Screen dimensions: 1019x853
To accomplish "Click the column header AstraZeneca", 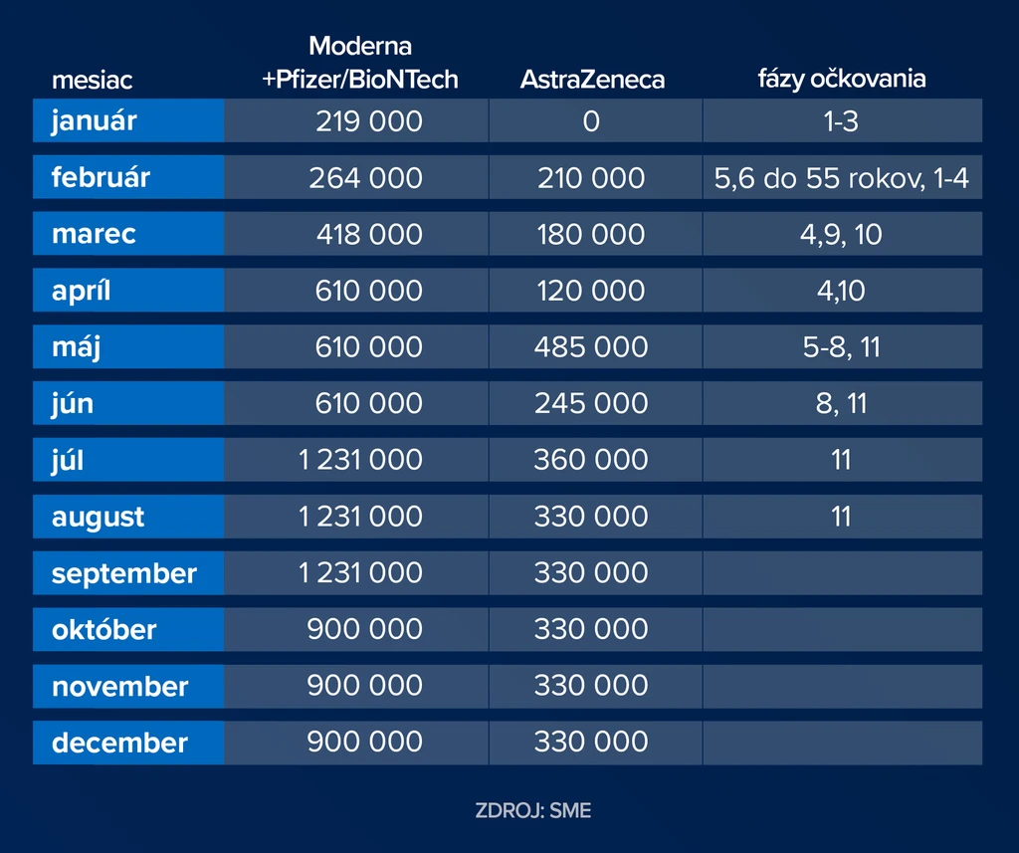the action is pos(592,80).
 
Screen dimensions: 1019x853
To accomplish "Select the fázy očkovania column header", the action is pos(842,79).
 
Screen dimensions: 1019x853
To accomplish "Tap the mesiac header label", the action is pos(93,80).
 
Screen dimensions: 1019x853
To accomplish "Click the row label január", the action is pos(95,120).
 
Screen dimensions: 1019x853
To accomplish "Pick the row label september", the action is pos(124,573).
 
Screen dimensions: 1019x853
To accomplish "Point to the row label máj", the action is pos(76,347).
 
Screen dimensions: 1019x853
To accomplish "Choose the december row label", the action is pos(119,743).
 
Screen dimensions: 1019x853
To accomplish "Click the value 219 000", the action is pos(369,121).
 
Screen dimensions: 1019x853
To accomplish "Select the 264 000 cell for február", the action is pos(366,178).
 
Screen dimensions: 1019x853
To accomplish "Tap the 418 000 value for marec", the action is pos(370,234).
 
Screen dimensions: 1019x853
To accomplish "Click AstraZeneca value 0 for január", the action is pos(591,121).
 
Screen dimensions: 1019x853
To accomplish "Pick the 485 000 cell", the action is pos(591,347).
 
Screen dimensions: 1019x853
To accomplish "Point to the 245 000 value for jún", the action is pos(591,403).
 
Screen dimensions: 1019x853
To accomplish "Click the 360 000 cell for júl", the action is pos(591,460).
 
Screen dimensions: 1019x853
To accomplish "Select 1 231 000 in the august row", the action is pos(360,517).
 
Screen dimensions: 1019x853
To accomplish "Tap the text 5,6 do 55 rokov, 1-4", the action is pos(842,178).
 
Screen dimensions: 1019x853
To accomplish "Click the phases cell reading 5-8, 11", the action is pos(842,347).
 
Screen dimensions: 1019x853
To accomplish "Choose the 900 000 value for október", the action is pos(365,629).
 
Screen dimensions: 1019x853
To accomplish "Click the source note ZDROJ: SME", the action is pos(533,811).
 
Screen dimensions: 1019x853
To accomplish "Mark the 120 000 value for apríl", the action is pos(591,291).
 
